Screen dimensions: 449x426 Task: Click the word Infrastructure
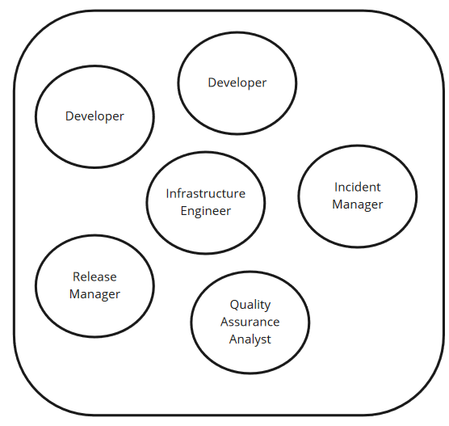click(206, 193)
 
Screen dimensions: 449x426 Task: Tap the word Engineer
click(206, 212)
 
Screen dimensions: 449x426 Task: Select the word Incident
click(358, 188)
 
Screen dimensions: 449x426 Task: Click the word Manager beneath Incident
click(358, 205)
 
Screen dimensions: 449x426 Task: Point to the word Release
click(94, 277)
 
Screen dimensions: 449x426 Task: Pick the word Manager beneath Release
click(94, 295)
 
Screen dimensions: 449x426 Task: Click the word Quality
click(250, 305)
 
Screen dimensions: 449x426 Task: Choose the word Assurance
click(250, 322)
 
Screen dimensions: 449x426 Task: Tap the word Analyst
click(250, 340)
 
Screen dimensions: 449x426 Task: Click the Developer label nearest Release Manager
click(94, 116)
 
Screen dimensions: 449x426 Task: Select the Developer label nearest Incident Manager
click(237, 83)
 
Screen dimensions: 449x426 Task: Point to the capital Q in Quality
click(234, 305)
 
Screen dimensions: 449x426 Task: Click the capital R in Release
click(77, 277)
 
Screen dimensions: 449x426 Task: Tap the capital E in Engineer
click(184, 211)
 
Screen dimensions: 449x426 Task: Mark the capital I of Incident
click(336, 188)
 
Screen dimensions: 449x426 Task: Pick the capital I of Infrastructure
click(167, 194)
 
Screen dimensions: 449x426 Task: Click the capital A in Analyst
click(233, 340)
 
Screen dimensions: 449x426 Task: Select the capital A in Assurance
click(224, 322)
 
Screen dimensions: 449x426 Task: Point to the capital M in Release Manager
click(75, 294)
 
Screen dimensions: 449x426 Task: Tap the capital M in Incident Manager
click(338, 205)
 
